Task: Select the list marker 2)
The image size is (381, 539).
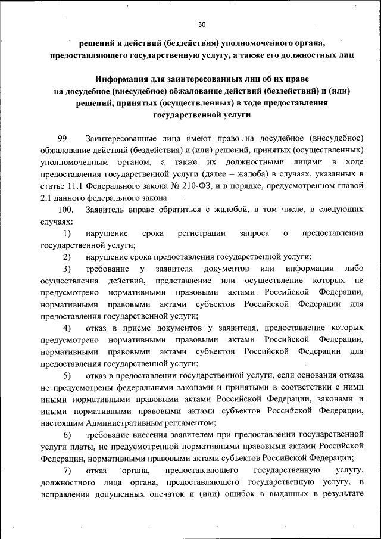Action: click(67, 257)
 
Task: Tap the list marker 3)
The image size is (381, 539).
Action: click(67, 269)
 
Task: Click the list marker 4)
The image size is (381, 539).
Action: click(67, 328)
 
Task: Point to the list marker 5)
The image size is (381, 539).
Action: click(67, 375)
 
